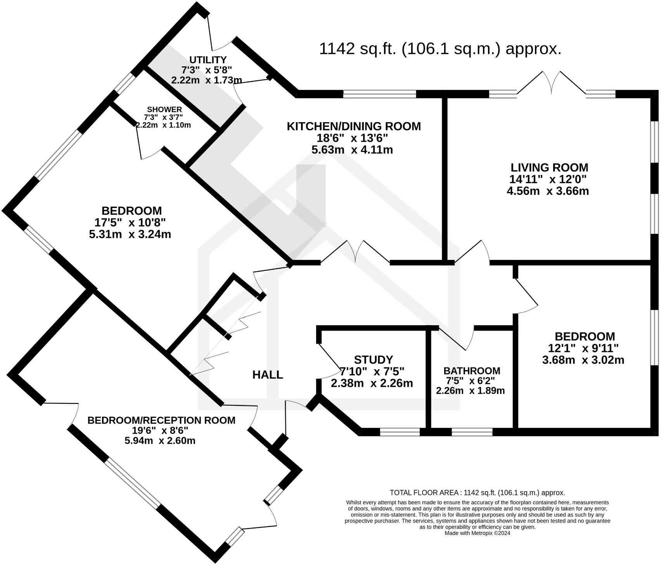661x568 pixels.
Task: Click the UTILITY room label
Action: (208, 60)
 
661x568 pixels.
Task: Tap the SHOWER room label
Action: (163, 110)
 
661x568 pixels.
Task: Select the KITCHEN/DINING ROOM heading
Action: (353, 126)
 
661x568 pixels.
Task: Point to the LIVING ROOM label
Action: (549, 168)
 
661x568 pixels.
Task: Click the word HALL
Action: (268, 375)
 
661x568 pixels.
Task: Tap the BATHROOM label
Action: (472, 371)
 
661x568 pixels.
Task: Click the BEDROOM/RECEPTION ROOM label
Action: (161, 420)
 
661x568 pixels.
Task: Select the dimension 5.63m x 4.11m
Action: (352, 150)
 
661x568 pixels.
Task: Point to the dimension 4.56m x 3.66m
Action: (548, 191)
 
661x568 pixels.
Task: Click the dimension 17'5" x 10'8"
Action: (130, 223)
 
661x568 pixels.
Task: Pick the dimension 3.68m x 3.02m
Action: (583, 360)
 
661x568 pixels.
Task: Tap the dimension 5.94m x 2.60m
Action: (160, 440)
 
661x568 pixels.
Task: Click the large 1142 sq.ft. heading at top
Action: (440, 49)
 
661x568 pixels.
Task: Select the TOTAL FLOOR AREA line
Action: (477, 493)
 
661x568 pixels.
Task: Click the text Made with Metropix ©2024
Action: (477, 533)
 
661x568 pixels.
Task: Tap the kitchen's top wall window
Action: (379, 94)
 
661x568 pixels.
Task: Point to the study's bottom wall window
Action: (400, 432)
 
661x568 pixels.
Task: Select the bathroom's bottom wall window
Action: (472, 432)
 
